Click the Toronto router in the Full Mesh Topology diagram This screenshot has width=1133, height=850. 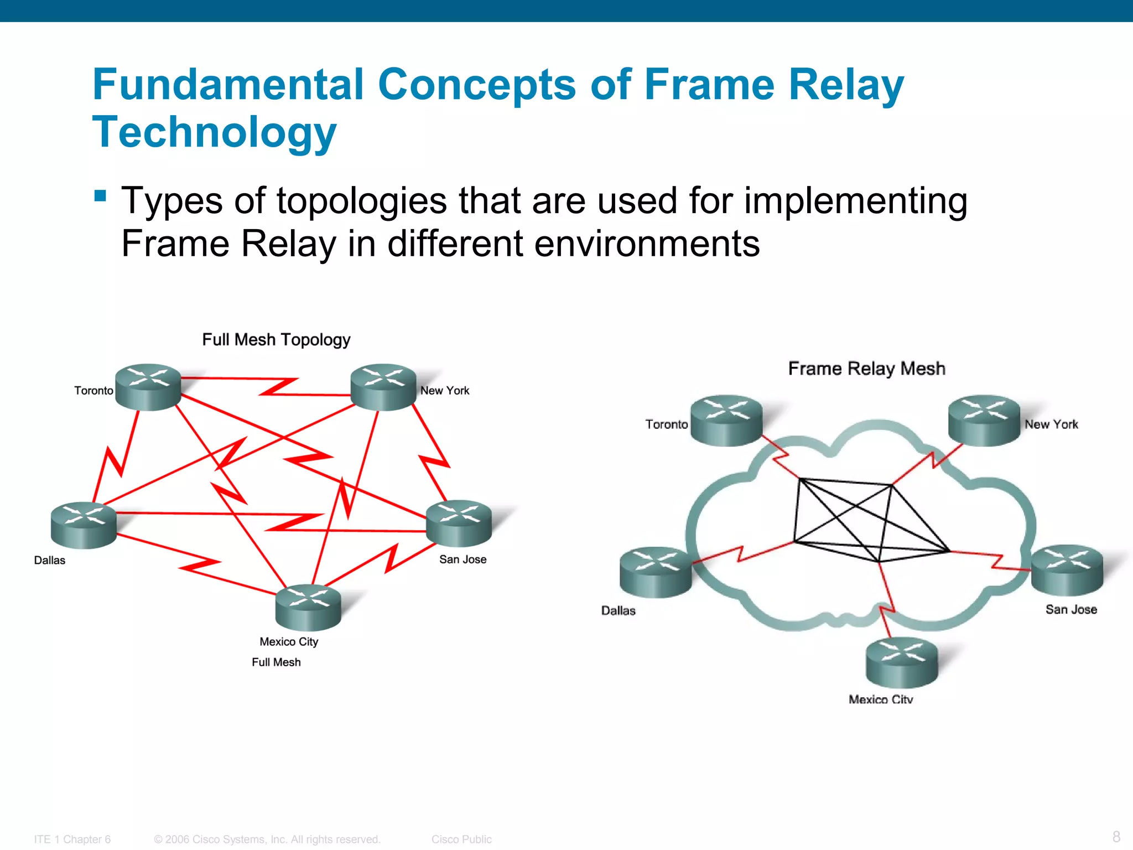[148, 387]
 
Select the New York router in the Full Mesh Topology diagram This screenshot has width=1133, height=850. [383, 387]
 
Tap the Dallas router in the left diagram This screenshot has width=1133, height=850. [84, 525]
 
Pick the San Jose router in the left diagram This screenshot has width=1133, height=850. [459, 524]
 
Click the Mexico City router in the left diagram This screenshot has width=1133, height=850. [308, 608]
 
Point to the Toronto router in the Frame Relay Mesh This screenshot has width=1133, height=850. [726, 420]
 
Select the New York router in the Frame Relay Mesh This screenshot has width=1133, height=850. [984, 420]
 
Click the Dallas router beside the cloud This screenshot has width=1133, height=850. [656, 572]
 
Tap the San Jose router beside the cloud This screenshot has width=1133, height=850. [1067, 570]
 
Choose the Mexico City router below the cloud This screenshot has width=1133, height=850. [902, 662]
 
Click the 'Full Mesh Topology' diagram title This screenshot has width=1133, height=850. [276, 339]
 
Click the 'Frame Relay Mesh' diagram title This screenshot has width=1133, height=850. [866, 368]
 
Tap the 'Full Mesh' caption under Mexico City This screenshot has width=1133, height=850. [276, 662]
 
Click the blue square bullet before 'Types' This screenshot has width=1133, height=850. [100, 196]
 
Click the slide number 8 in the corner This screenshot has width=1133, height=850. [1116, 836]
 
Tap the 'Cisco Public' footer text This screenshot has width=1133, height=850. [461, 839]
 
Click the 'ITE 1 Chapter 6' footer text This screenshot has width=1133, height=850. [72, 839]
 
